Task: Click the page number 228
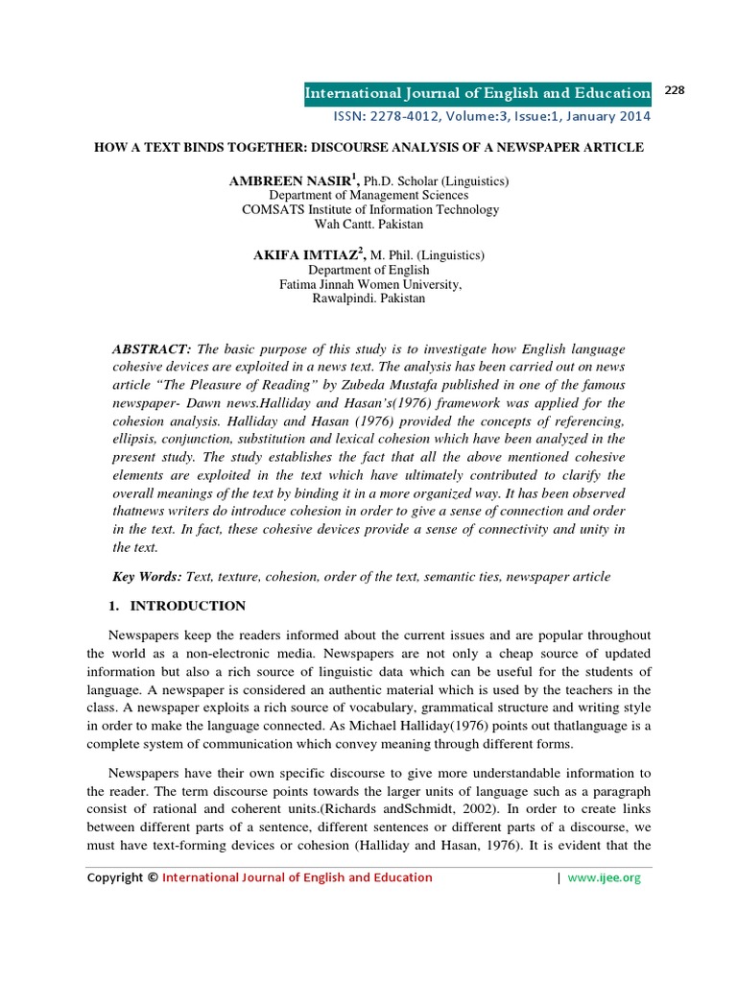(x=674, y=90)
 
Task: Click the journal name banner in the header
(x=477, y=93)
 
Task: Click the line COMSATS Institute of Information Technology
(x=368, y=209)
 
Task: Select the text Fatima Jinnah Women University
(x=368, y=284)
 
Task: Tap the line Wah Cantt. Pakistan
(x=368, y=224)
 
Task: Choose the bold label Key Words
(x=147, y=576)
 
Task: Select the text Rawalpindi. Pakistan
(x=368, y=299)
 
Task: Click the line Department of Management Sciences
(x=368, y=195)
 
